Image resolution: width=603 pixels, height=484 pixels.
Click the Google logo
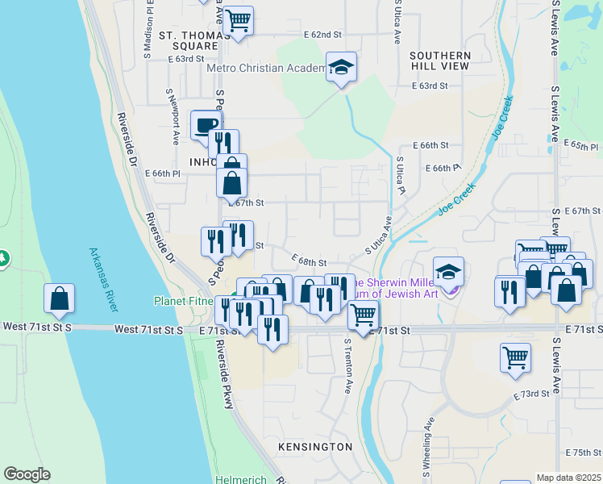click(27, 474)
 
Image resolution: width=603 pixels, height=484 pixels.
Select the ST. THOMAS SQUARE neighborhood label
click(189, 41)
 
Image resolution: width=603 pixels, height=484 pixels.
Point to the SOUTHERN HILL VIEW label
click(439, 60)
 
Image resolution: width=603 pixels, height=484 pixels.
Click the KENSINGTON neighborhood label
click(315, 447)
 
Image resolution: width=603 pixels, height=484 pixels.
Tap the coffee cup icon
click(206, 124)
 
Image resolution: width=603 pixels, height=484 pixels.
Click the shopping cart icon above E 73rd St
click(515, 357)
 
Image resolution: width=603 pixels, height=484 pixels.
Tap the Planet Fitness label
click(189, 301)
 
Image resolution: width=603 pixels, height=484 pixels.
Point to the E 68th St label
click(309, 262)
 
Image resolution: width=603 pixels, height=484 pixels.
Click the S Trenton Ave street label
click(347, 365)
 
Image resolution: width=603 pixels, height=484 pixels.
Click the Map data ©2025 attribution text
click(568, 478)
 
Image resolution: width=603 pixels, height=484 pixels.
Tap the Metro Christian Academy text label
click(265, 68)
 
